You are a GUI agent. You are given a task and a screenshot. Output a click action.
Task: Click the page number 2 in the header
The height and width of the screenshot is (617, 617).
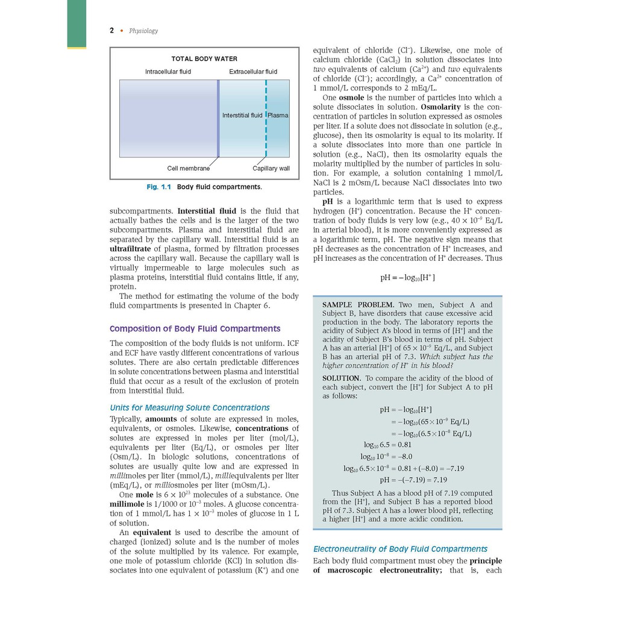click(x=111, y=31)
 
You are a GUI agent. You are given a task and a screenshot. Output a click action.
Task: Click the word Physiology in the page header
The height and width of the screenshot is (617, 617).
click(x=143, y=31)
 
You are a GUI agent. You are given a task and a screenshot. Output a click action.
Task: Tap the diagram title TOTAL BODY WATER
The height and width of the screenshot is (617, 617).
click(x=204, y=59)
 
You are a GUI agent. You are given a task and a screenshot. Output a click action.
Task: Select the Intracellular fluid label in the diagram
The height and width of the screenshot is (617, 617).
click(x=168, y=72)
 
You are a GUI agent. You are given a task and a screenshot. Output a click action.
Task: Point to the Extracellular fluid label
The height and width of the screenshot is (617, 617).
click(x=253, y=72)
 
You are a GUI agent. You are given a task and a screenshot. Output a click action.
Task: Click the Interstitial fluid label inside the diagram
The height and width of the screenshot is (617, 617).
click(x=242, y=115)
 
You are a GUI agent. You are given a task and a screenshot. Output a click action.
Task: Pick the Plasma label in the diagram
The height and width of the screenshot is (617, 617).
click(x=278, y=115)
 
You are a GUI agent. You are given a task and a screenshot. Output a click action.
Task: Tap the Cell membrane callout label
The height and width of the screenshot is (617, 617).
click(x=189, y=169)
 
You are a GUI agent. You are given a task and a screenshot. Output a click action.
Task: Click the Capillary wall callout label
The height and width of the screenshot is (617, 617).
click(x=271, y=169)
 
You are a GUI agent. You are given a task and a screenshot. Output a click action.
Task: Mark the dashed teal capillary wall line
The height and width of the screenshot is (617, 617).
click(x=266, y=139)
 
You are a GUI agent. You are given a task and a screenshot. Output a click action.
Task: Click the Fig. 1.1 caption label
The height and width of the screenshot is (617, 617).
click(x=159, y=187)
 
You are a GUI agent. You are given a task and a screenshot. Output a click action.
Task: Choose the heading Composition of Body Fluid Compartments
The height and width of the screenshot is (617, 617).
click(x=195, y=329)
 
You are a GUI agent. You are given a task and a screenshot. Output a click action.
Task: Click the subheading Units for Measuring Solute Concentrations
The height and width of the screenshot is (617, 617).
click(x=189, y=408)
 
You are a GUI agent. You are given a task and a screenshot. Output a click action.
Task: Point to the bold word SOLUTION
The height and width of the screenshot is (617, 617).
click(x=341, y=378)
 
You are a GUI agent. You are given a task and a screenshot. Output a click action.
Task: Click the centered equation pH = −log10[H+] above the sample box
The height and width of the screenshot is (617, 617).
click(x=407, y=278)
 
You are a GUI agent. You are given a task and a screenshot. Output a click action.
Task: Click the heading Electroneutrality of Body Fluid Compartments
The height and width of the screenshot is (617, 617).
click(x=400, y=549)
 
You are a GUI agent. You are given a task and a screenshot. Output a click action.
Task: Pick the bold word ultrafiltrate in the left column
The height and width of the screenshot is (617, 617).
click(x=131, y=249)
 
